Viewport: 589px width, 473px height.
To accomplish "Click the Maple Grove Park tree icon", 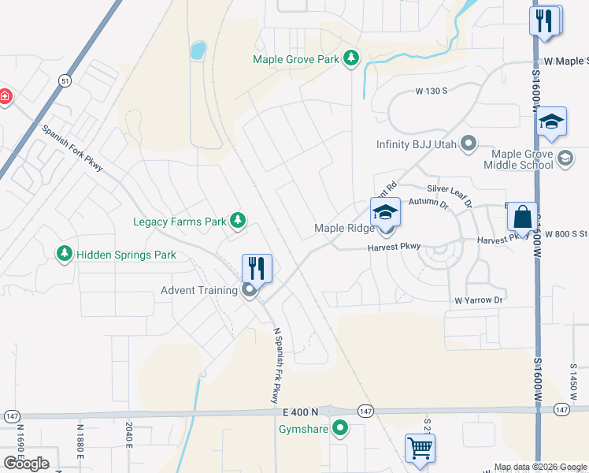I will click(351, 59).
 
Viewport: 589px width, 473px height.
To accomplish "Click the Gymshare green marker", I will click(340, 429).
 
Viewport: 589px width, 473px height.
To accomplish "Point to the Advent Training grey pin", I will click(250, 291).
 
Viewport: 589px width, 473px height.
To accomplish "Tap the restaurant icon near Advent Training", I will click(257, 267).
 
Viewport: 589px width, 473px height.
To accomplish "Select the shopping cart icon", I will click(420, 447).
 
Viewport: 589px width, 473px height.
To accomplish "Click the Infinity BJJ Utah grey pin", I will click(469, 144).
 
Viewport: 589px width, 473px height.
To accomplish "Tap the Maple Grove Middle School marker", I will click(565, 160).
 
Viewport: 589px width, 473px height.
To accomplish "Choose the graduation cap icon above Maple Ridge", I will click(385, 212).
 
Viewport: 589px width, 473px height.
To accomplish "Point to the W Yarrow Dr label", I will click(478, 300).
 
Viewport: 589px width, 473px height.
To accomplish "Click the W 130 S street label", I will click(432, 91).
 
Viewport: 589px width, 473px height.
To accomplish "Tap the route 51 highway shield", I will click(65, 80).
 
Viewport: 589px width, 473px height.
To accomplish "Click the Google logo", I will click(26, 464).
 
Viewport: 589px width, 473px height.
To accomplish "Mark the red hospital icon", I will click(4, 96).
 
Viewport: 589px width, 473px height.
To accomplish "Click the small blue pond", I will click(198, 51).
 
